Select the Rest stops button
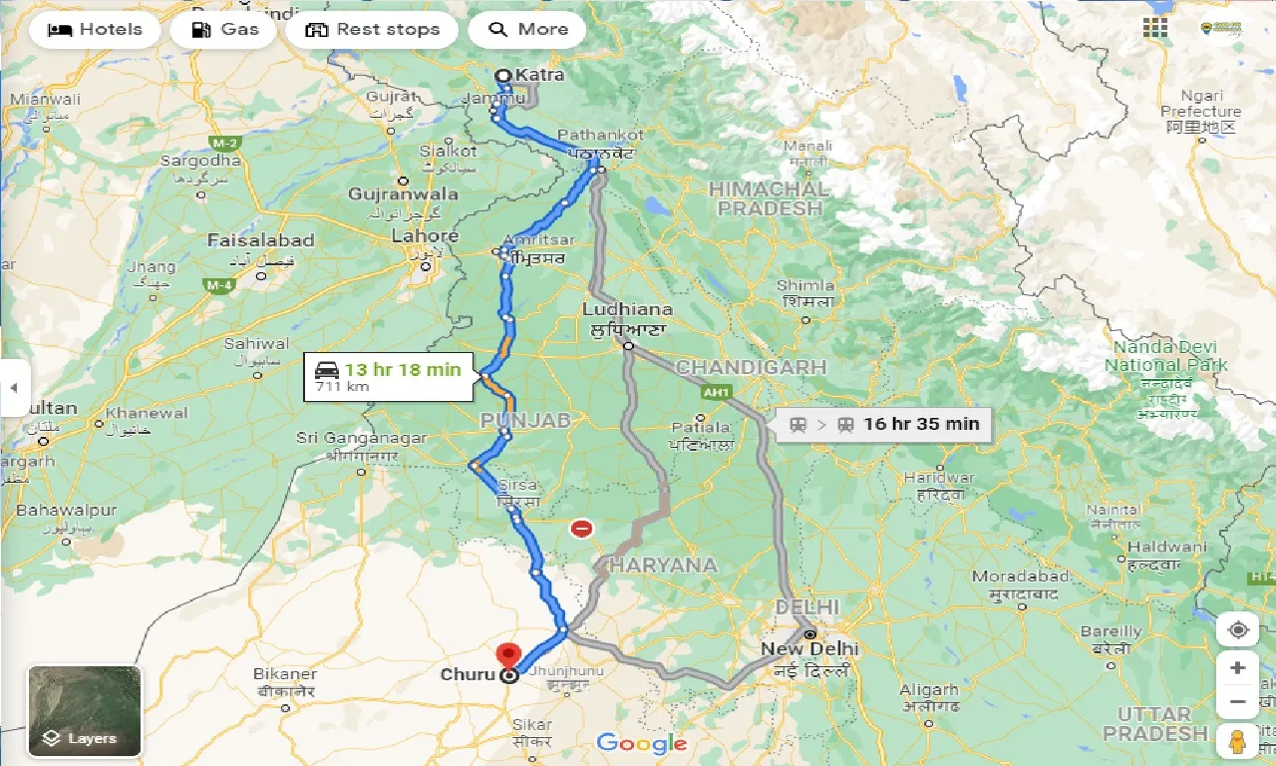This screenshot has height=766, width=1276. (372, 29)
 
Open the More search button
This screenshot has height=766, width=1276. (527, 29)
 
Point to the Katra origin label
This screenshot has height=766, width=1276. (539, 75)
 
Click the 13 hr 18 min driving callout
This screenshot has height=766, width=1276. (389, 377)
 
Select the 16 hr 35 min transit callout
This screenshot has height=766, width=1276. (884, 424)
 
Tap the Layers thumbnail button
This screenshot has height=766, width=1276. (85, 711)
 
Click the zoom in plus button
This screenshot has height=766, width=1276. (1237, 667)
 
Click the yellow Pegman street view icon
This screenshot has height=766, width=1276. (1237, 741)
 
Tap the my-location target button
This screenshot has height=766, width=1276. (1237, 629)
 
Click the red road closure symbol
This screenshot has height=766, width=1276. (581, 529)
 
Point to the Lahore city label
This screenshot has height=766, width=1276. (426, 236)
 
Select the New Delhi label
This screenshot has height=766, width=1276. (808, 649)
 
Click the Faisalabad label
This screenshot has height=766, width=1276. (261, 240)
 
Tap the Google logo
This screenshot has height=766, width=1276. (642, 742)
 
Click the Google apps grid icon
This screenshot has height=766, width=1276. (1155, 28)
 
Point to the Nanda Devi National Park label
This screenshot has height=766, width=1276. (1165, 356)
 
